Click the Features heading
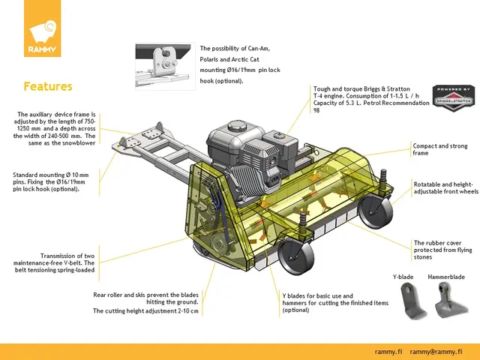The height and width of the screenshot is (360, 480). pyautogui.click(x=48, y=86)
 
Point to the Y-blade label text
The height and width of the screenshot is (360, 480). pyautogui.click(x=403, y=277)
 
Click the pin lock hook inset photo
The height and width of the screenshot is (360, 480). pyautogui.click(x=165, y=67)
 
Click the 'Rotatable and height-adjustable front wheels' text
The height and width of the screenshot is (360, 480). pyautogui.click(x=445, y=187)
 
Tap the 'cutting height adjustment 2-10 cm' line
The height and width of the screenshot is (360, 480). pyautogui.click(x=145, y=310)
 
